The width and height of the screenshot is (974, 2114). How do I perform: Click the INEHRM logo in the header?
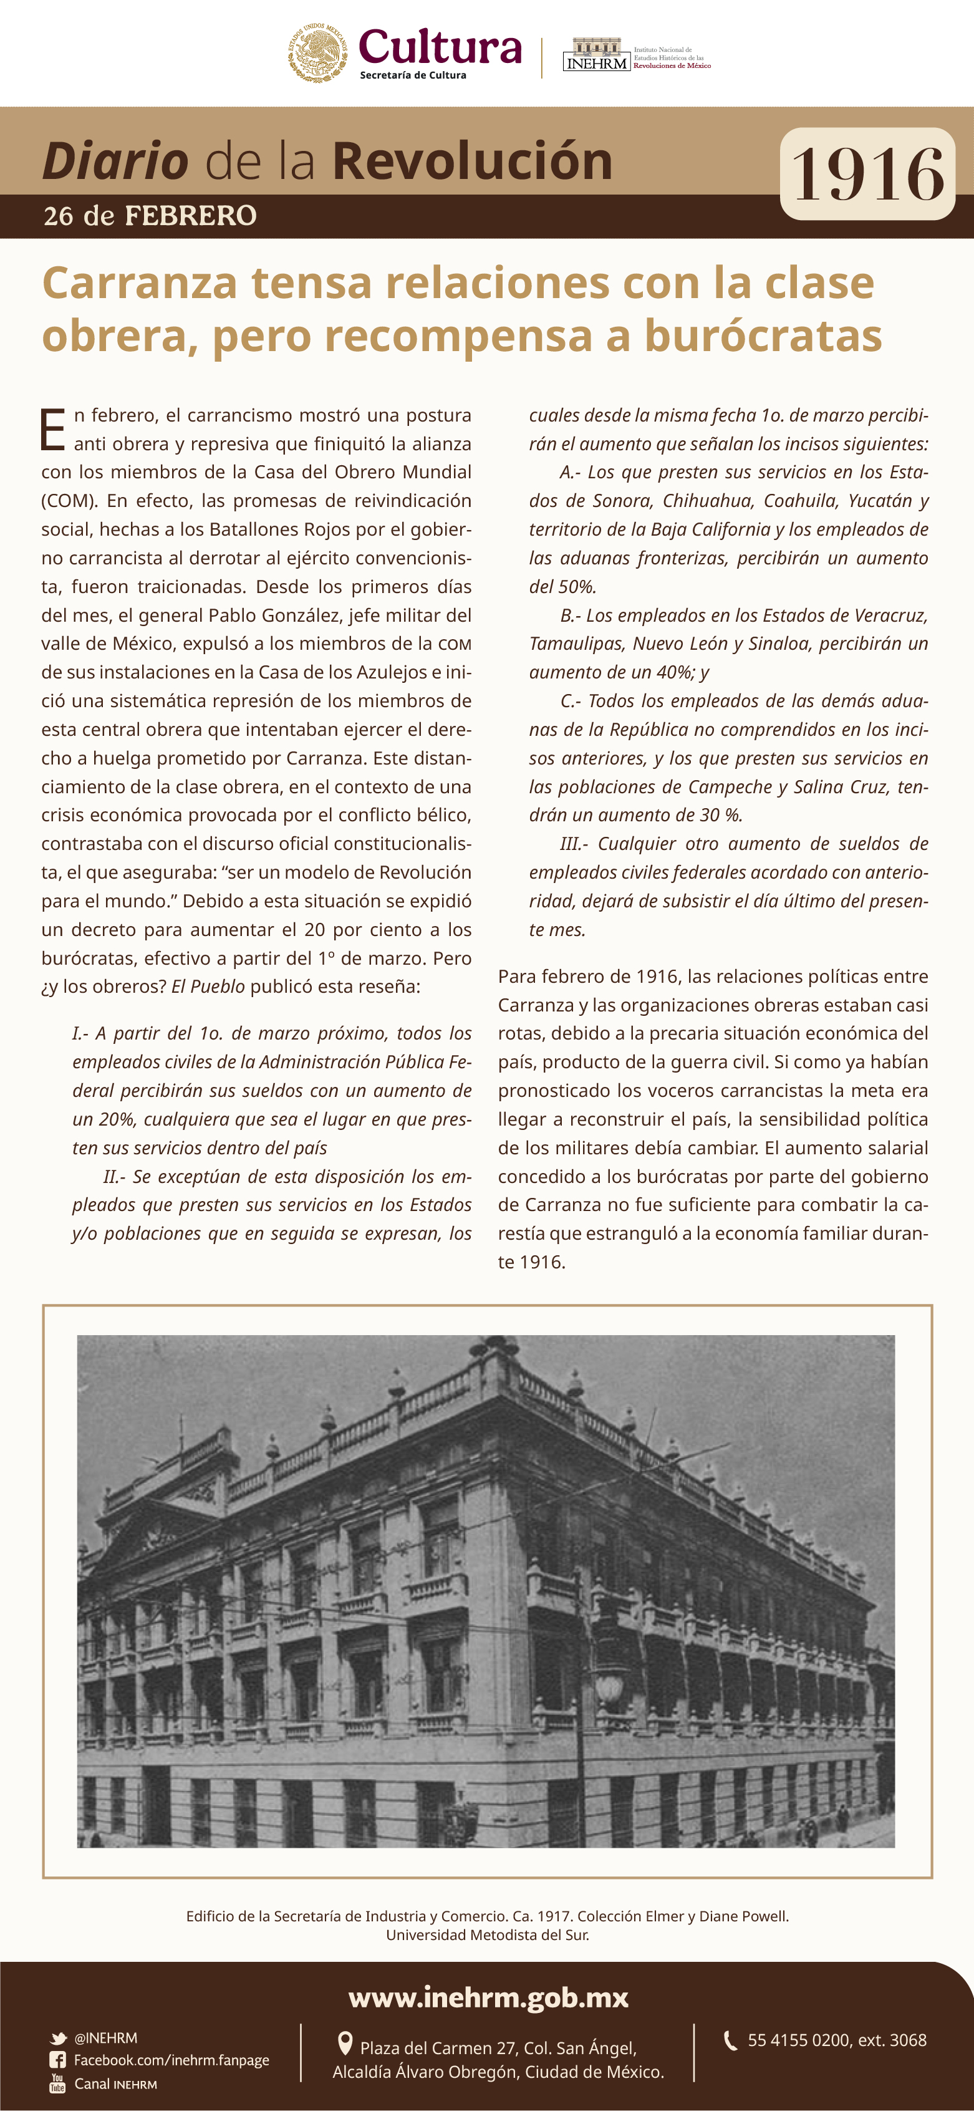point(597,55)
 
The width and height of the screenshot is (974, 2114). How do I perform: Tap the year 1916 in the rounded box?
point(867,174)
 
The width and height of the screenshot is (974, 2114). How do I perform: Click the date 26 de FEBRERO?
point(150,216)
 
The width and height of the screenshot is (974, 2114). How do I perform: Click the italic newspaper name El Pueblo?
point(208,987)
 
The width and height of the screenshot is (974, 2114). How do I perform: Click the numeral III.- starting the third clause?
point(574,844)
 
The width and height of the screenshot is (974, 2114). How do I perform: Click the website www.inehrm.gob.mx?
point(488,1997)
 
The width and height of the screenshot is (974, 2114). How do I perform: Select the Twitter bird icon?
point(58,2039)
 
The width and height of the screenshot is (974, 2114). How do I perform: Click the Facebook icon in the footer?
point(57,2060)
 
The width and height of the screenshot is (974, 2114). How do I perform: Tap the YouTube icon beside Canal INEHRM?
point(57,2083)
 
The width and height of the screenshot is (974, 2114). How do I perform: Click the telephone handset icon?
point(730,2040)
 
